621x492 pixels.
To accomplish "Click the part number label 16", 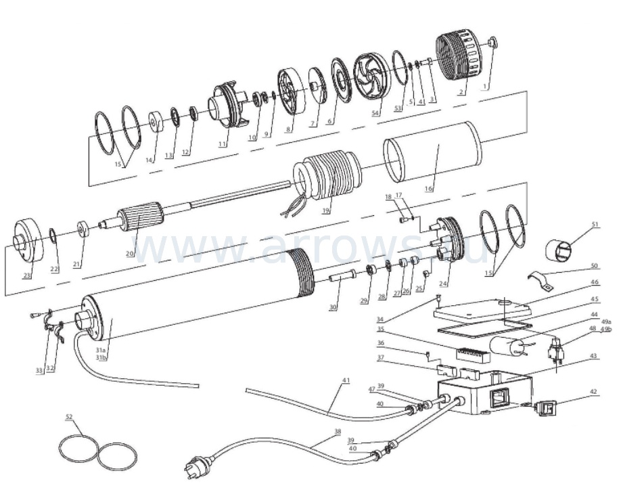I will point(429,189).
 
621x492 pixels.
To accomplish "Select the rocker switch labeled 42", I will point(545,409).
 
